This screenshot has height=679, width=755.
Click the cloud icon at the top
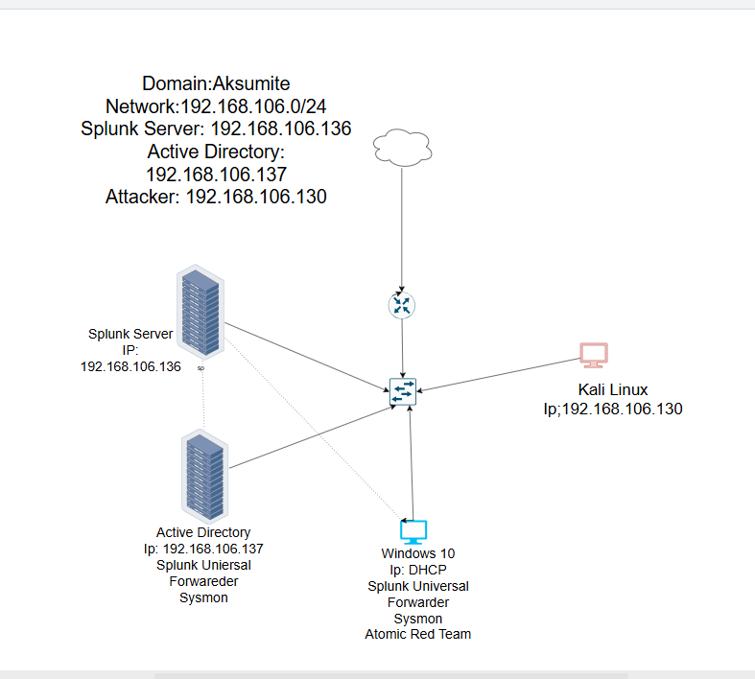coord(401,147)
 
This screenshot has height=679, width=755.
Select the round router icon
coord(402,305)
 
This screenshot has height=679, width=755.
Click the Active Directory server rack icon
coord(203,474)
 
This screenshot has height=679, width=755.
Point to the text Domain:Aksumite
coord(216,83)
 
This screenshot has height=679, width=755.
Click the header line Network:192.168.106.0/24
coord(216,106)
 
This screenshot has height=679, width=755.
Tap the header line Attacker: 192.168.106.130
coord(216,198)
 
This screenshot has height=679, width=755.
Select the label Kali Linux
coord(613,389)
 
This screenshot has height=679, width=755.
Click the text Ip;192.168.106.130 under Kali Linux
coord(613,409)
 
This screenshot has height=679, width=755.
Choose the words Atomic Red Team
coord(418,634)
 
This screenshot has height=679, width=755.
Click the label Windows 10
coord(418,553)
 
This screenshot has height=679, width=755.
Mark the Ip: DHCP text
coord(418,570)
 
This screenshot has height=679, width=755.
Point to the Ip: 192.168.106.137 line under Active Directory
coord(203,549)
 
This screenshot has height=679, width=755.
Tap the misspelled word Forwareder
coord(203,581)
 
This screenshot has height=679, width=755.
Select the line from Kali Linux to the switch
coord(499,375)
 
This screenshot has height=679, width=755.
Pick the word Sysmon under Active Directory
coord(203,597)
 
